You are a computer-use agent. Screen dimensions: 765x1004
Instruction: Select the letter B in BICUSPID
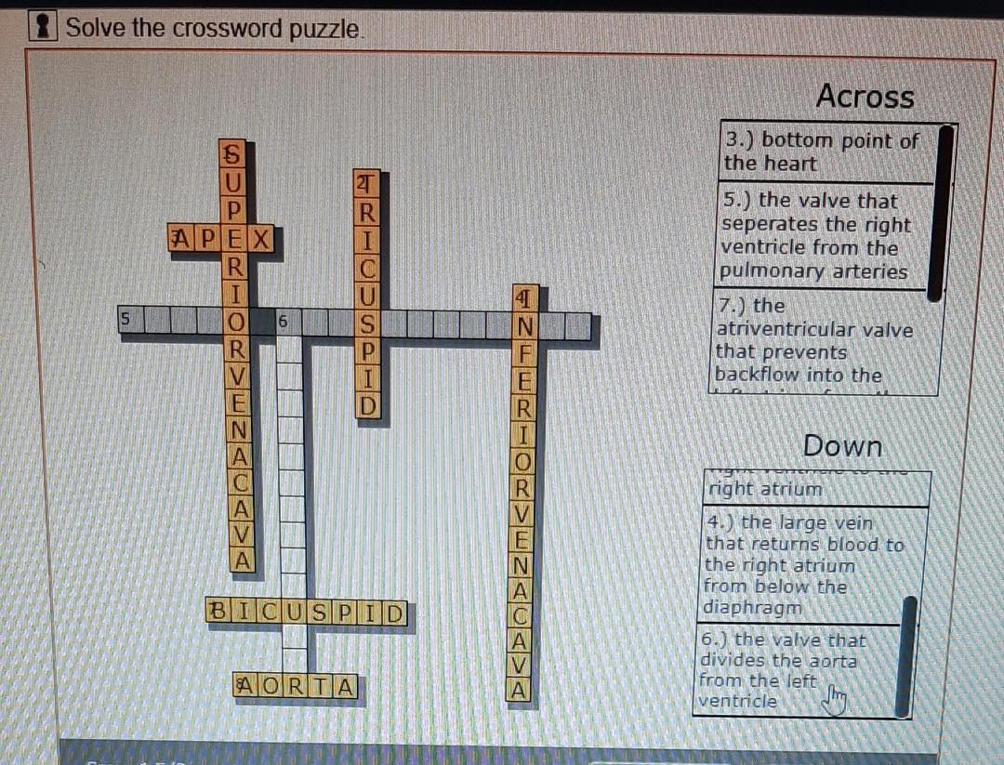[218, 613]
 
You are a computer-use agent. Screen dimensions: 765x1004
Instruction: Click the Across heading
[865, 97]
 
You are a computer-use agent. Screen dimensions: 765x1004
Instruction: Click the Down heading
[841, 446]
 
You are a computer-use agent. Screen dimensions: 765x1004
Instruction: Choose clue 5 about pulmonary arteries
[814, 236]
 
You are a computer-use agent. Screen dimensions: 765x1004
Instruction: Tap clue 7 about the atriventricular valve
[813, 340]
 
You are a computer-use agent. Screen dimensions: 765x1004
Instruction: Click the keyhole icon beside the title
[41, 27]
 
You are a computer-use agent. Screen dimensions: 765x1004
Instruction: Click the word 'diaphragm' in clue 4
[752, 608]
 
